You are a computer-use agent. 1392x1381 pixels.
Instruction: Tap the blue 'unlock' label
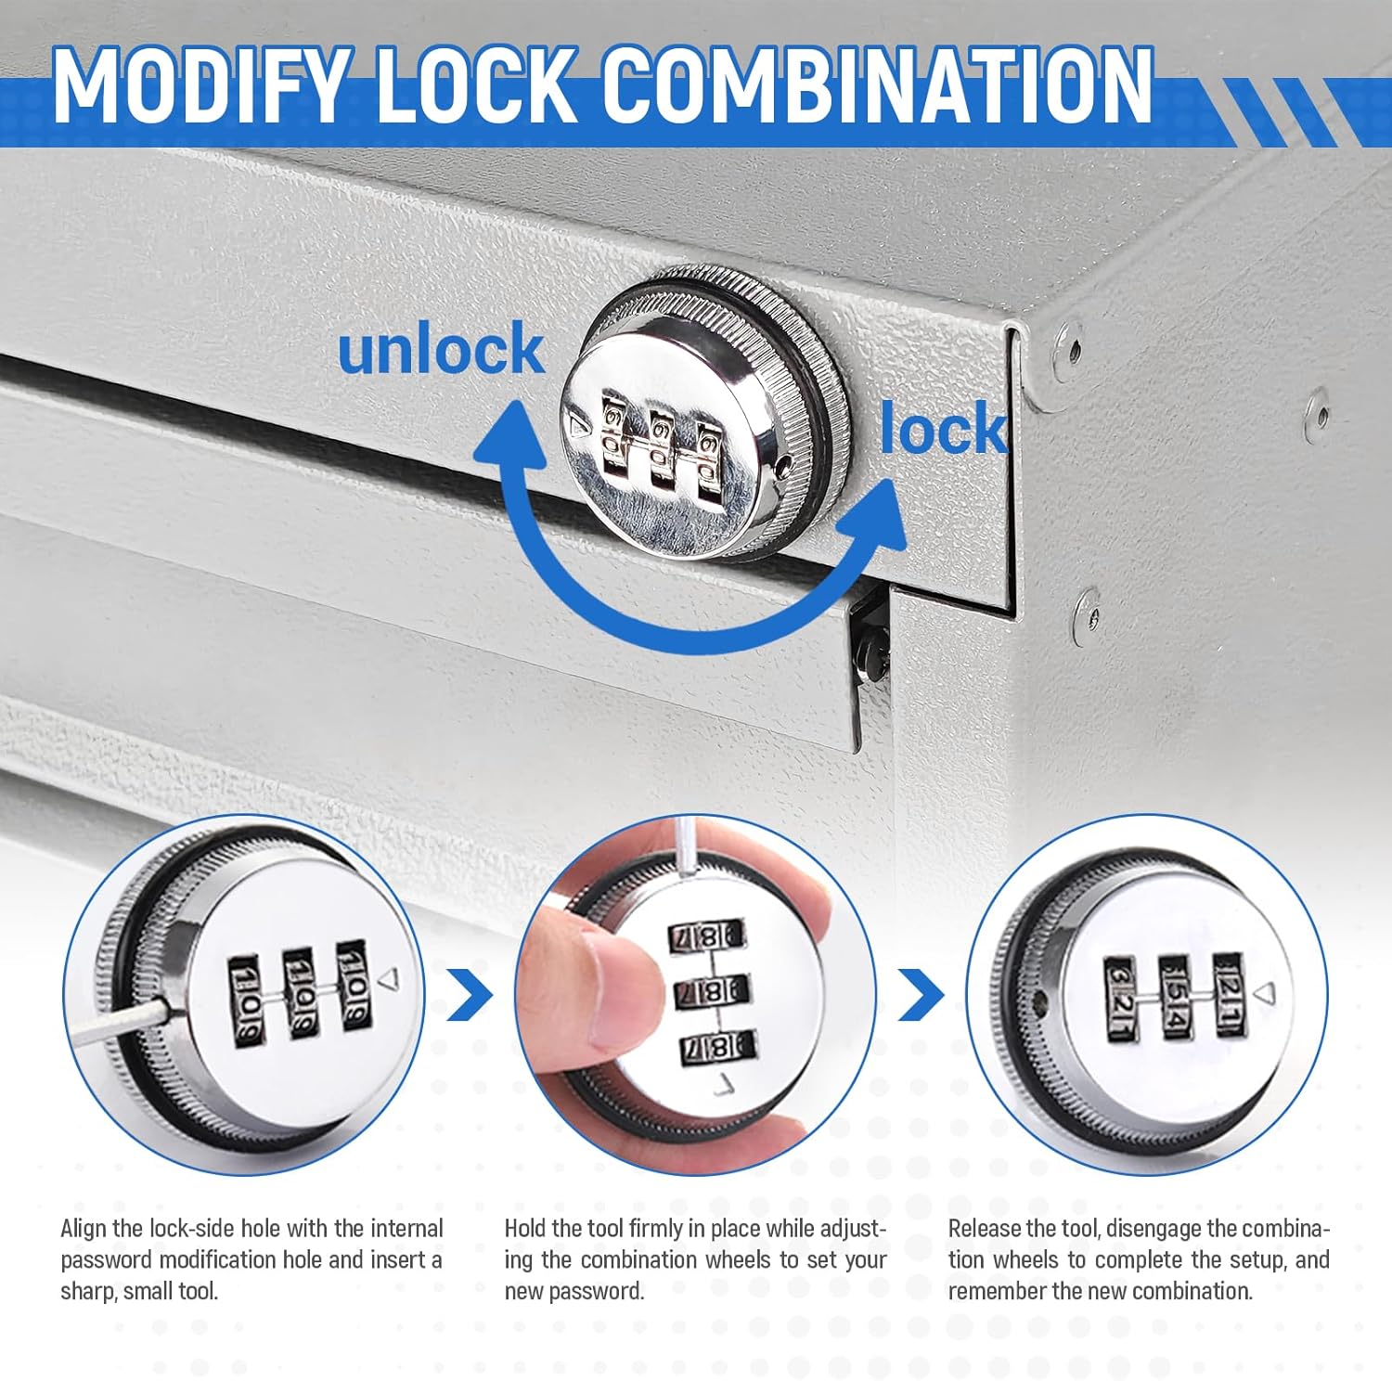441,349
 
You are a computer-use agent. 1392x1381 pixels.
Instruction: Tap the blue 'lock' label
943,428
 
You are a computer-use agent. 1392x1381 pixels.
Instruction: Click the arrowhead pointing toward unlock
509,442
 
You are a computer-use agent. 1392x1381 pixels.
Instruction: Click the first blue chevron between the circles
471,994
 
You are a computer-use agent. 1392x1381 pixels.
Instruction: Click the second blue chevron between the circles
922,994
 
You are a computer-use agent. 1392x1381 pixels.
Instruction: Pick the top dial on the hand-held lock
706,935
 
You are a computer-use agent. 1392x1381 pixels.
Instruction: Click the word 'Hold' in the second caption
525,1229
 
